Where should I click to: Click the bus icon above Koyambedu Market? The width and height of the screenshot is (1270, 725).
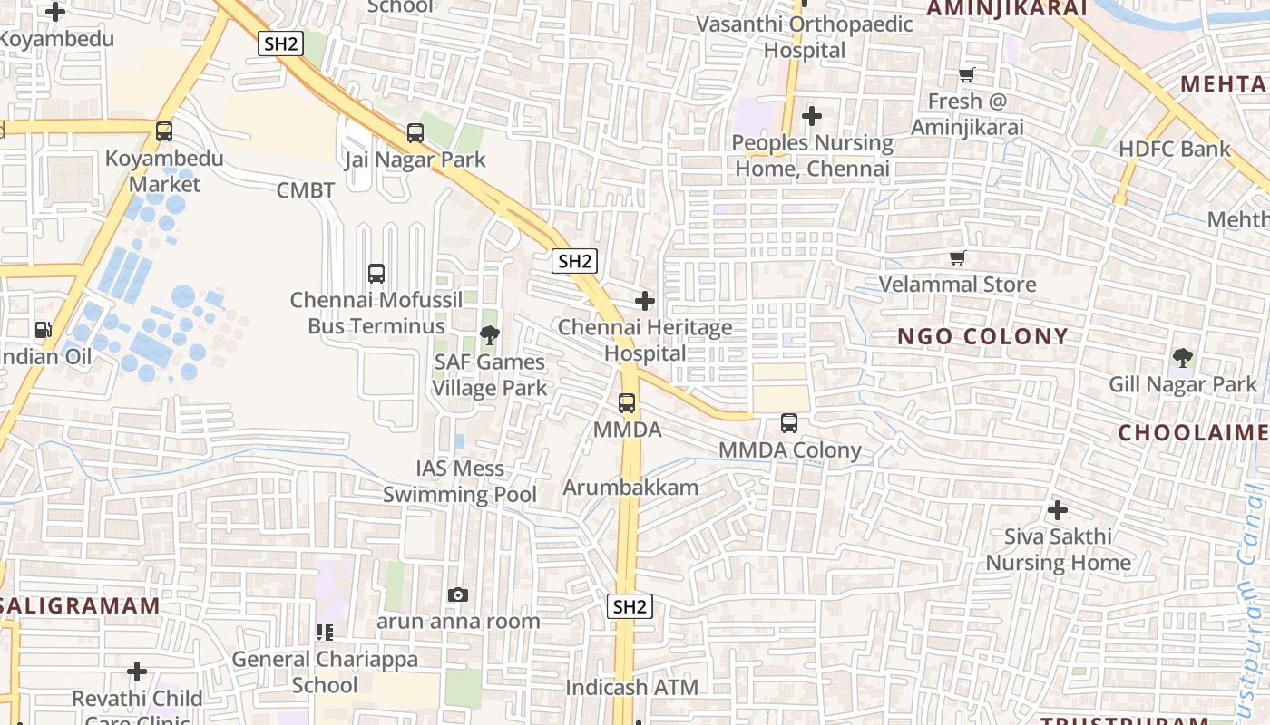tap(164, 131)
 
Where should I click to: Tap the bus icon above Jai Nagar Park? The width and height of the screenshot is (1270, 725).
tap(415, 133)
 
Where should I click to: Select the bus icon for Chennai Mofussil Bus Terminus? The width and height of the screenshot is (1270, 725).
tap(376, 273)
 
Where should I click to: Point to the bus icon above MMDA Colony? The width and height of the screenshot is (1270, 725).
tap(789, 423)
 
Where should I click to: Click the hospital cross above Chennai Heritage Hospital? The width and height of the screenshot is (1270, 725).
tap(645, 301)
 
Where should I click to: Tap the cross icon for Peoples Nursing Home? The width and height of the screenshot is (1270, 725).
tap(812, 116)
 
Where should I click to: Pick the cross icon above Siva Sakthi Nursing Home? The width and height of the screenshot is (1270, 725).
tap(1057, 510)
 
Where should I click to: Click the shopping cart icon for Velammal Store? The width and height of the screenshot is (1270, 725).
tap(957, 259)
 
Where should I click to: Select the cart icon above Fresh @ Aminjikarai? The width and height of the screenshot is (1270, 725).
tap(967, 75)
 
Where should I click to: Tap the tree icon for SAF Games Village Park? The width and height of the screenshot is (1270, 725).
tap(489, 336)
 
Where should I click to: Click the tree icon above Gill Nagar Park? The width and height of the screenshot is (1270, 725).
tap(1182, 358)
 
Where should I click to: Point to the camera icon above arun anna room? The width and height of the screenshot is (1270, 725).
tap(458, 595)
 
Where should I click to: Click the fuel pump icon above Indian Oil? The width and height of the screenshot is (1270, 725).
tap(43, 331)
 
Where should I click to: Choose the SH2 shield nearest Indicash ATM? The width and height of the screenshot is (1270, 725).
tap(630, 607)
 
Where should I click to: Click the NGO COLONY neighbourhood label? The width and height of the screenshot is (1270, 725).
tap(983, 337)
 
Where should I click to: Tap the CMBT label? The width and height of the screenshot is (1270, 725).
tap(306, 190)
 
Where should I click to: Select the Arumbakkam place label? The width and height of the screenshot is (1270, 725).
tap(630, 488)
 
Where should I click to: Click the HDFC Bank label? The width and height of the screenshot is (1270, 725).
tap(1175, 150)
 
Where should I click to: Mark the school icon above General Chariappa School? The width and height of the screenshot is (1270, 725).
tap(324, 633)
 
